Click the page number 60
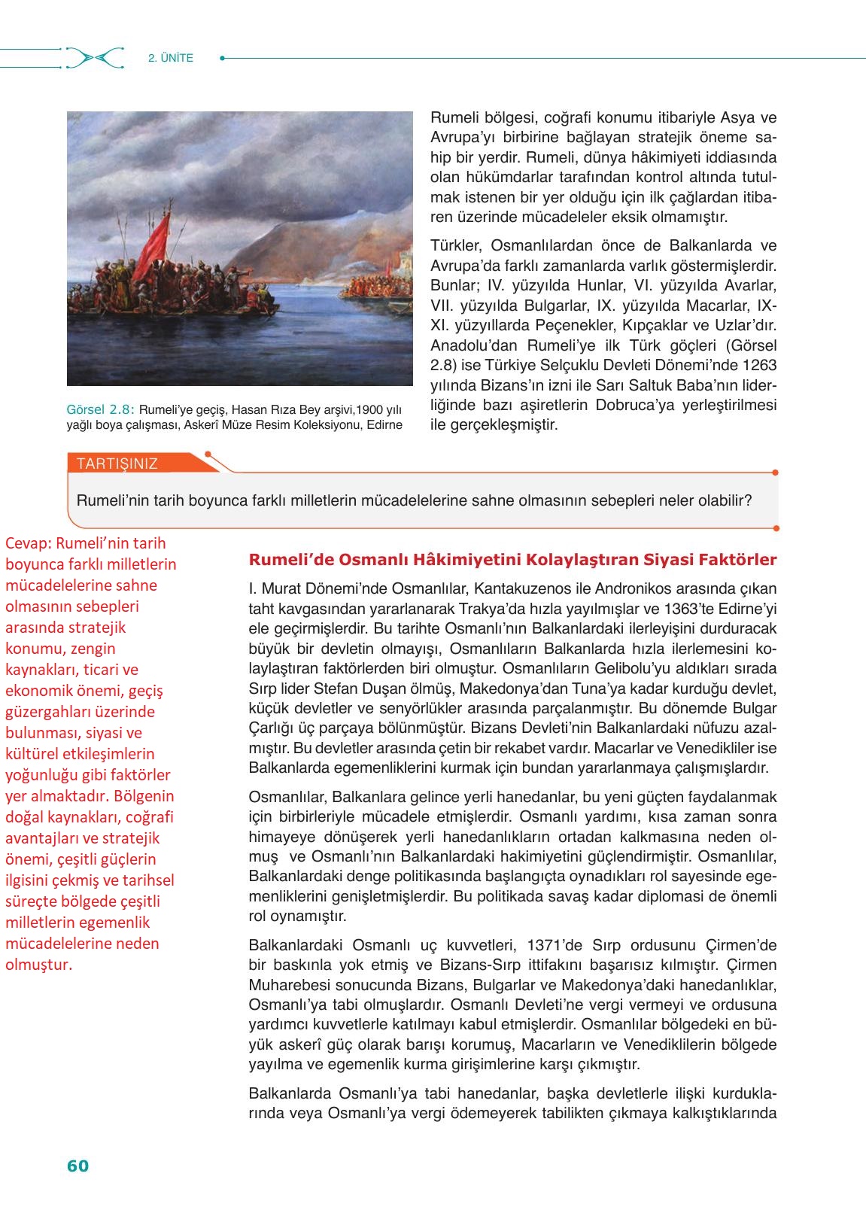point(77,1166)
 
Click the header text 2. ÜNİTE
point(171,58)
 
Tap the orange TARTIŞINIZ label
point(117,464)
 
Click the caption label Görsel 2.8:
point(100,410)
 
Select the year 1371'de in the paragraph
point(556,945)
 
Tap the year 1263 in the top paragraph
point(759,365)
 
